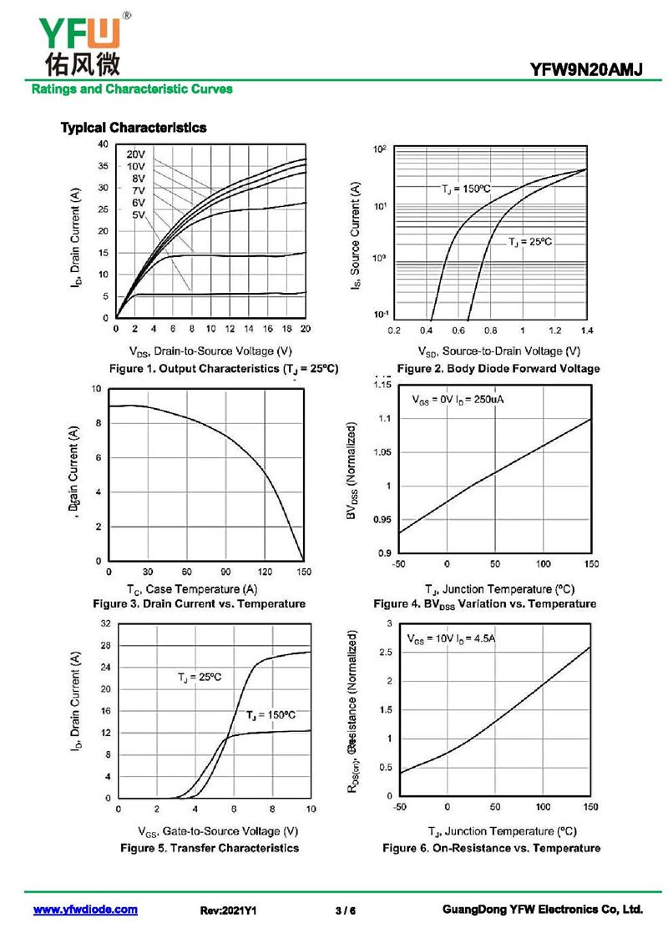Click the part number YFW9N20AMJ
pos(586,71)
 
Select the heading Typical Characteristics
pos(134,128)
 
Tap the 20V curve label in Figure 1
pos(136,154)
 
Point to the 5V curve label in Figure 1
pos(139,215)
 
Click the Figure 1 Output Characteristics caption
pos(224,369)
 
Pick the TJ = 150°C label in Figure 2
pos(467,190)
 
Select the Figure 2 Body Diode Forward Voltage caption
pos(498,369)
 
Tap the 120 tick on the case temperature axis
pos(265,572)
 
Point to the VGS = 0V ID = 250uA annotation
pos(458,400)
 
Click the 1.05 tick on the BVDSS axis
pos(380,452)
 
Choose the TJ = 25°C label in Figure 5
pos(200,677)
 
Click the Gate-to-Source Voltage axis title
pos(218,831)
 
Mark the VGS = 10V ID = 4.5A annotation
pos(452,639)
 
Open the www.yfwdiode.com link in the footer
pos(85,910)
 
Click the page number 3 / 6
pos(345,910)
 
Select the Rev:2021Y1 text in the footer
pos(228,910)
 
